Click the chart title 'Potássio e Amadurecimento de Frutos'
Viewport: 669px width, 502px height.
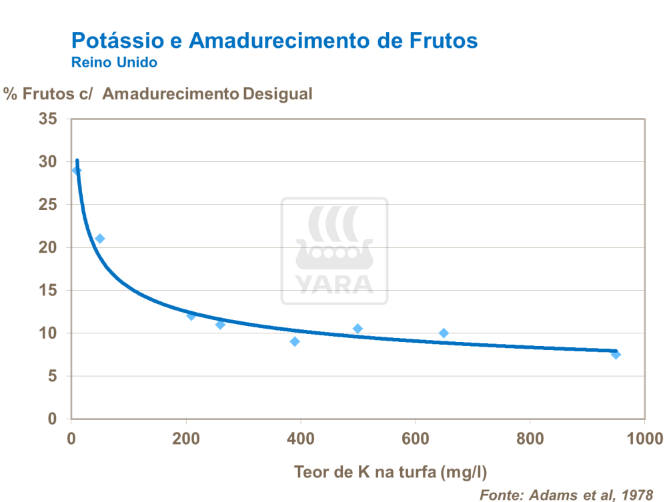click(x=274, y=41)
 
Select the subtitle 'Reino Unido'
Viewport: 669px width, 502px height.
click(x=114, y=63)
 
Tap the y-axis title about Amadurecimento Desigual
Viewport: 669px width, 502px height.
click(x=158, y=94)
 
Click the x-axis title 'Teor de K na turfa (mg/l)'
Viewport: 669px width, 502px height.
click(x=391, y=473)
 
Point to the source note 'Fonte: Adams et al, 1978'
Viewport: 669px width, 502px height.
click(x=566, y=495)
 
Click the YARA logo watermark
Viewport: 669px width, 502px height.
click(x=334, y=251)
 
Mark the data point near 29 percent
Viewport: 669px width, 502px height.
click(x=77, y=171)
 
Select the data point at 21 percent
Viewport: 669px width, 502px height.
click(x=100, y=239)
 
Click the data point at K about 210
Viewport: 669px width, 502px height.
click(x=191, y=315)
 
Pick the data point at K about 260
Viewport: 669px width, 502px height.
click(x=220, y=324)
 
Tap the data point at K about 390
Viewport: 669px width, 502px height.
click(x=295, y=341)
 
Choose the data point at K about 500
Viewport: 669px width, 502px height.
click(x=358, y=329)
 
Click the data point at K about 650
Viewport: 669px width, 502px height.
click(x=444, y=333)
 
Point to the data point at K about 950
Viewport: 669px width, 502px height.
click(x=616, y=354)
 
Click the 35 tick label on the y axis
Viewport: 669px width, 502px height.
click(x=49, y=119)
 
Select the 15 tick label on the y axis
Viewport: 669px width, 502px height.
click(x=49, y=291)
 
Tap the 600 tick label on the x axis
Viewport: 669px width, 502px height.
click(x=415, y=438)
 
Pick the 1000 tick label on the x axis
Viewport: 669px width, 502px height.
click(x=644, y=438)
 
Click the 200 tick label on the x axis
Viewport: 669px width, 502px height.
click(x=186, y=438)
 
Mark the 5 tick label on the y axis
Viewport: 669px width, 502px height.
click(x=53, y=376)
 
